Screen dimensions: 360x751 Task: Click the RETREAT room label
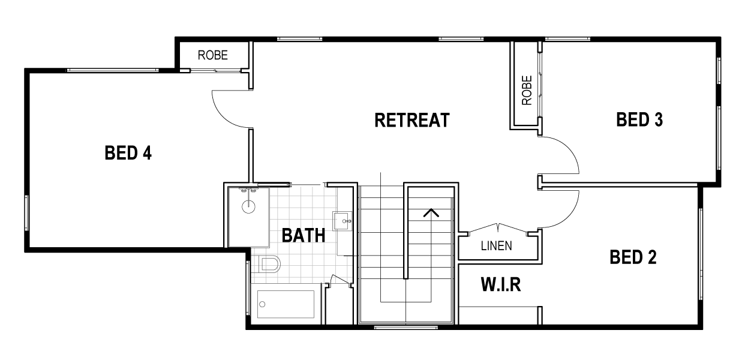[411, 120]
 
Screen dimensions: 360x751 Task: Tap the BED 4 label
[128, 154]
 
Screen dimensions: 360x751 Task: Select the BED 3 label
[639, 120]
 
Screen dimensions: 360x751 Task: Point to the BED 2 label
[633, 258]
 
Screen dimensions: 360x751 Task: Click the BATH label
[304, 235]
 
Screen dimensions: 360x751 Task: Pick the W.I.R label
[500, 284]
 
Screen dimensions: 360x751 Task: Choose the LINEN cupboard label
[496, 245]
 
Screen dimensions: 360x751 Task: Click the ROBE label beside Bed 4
[213, 55]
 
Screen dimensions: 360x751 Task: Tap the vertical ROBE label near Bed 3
[527, 90]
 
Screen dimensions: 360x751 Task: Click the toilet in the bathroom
[271, 264]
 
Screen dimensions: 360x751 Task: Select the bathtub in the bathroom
[286, 304]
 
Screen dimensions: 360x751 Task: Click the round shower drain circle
[249, 207]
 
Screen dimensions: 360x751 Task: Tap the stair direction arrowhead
[431, 212]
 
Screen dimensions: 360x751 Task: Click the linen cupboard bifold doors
[497, 229]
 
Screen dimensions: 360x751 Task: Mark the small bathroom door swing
[341, 280]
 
